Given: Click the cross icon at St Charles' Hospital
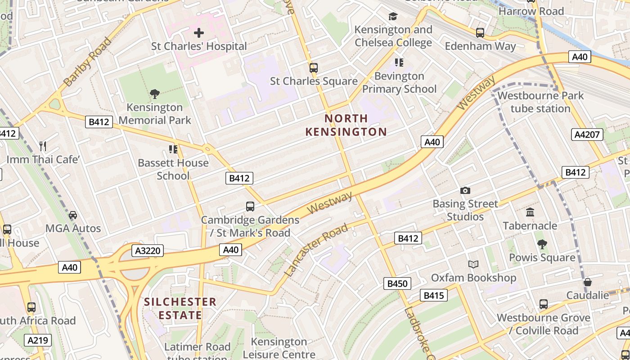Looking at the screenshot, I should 198,32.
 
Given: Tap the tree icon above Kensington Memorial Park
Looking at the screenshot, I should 154,94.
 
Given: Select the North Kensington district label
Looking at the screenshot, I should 346,125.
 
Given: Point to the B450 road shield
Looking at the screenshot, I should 397,283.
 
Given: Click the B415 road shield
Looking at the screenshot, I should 434,295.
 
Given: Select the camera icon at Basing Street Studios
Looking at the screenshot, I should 465,190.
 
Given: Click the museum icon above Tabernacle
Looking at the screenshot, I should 530,212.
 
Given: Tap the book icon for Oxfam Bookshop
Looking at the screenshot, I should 473,264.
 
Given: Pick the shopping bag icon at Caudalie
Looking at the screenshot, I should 587,282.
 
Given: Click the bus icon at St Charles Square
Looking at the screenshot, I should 313,68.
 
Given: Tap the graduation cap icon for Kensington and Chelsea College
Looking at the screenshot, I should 393,17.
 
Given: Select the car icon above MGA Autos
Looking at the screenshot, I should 73,215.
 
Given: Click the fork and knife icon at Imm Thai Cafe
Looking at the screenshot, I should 43,146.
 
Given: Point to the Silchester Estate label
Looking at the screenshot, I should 180,308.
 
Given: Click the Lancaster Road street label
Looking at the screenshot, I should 316,249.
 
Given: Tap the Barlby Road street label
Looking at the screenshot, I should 87,63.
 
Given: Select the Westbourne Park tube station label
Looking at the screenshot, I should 540,102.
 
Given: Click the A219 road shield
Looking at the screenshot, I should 38,340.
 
